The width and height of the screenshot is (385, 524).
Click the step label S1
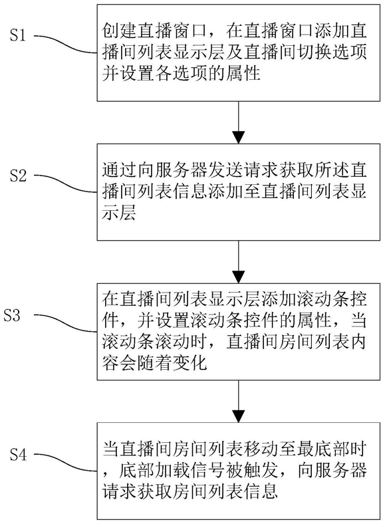tap(18, 35)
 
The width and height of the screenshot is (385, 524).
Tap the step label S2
tap(18, 175)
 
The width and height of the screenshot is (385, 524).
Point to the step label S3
tap(12, 315)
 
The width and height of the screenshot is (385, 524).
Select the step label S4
tap(18, 454)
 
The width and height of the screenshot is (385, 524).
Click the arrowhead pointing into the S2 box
tap(239, 138)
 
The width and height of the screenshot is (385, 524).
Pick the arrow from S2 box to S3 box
tap(239, 261)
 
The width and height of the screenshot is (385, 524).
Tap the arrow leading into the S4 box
tap(239, 402)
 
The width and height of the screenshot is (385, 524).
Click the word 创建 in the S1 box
tap(120, 31)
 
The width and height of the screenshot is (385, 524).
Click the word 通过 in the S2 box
tap(120, 170)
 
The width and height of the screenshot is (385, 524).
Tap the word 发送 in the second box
tap(226, 170)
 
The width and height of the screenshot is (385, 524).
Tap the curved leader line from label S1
tap(66, 43)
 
